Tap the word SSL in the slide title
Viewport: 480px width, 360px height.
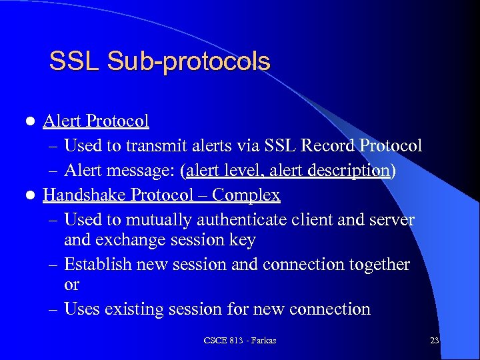click(75, 62)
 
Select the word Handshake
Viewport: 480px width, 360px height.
click(85, 195)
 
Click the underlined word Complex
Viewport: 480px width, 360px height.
click(247, 195)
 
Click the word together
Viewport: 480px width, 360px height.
click(376, 265)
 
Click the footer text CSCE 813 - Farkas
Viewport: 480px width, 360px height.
click(240, 341)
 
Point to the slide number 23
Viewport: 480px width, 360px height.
click(434, 341)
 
